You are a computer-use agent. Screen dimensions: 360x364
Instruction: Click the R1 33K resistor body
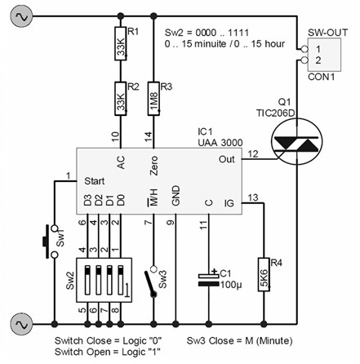point(121,43)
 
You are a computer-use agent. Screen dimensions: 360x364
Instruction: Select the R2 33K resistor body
point(121,99)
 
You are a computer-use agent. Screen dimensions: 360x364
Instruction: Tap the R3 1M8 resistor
point(153,99)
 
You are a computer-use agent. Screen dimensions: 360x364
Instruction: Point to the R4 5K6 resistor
point(264,274)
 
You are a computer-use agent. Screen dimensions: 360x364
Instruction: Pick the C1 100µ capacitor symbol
point(209,280)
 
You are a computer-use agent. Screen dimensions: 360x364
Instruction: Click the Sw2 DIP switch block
point(104,280)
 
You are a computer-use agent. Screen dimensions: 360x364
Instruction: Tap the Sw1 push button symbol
point(51,242)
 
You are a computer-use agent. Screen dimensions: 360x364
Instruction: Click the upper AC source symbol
point(21,16)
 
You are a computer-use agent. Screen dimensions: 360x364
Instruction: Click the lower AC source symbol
point(21,324)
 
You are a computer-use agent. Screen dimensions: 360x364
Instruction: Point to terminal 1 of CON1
point(304,49)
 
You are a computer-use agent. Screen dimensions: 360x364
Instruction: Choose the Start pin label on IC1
point(94,181)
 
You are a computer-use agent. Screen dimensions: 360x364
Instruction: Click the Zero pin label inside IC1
point(153,166)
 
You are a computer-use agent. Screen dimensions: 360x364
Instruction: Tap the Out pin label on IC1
point(226,159)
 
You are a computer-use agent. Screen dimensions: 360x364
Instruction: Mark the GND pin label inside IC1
point(176,196)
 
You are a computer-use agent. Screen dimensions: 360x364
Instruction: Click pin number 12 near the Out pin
point(253,154)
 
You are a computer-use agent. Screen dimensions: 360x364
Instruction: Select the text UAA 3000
point(220,143)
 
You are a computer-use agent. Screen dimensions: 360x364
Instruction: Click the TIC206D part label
point(275,113)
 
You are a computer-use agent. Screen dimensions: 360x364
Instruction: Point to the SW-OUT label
point(327,33)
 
